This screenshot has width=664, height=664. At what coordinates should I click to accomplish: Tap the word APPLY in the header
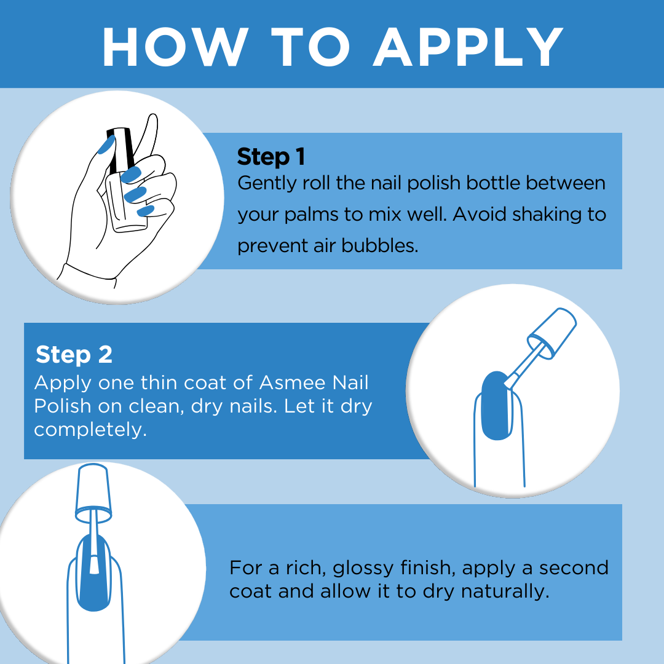point(468,47)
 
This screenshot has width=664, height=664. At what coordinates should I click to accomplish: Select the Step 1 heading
point(271,157)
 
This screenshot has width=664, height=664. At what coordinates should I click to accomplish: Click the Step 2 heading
point(74,355)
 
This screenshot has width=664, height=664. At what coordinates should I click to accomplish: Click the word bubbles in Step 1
point(379,245)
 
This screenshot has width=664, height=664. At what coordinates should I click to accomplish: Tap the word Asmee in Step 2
point(292,382)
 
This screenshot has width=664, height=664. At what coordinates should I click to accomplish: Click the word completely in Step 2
point(90,430)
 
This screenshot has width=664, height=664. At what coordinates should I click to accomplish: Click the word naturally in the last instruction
point(505,591)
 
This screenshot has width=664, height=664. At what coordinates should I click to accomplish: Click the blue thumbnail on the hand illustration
point(106,145)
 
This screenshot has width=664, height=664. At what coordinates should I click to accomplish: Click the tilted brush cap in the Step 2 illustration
point(552,333)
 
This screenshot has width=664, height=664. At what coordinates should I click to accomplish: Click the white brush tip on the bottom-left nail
point(94,563)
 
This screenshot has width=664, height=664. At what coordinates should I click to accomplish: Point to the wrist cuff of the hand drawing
point(87,275)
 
